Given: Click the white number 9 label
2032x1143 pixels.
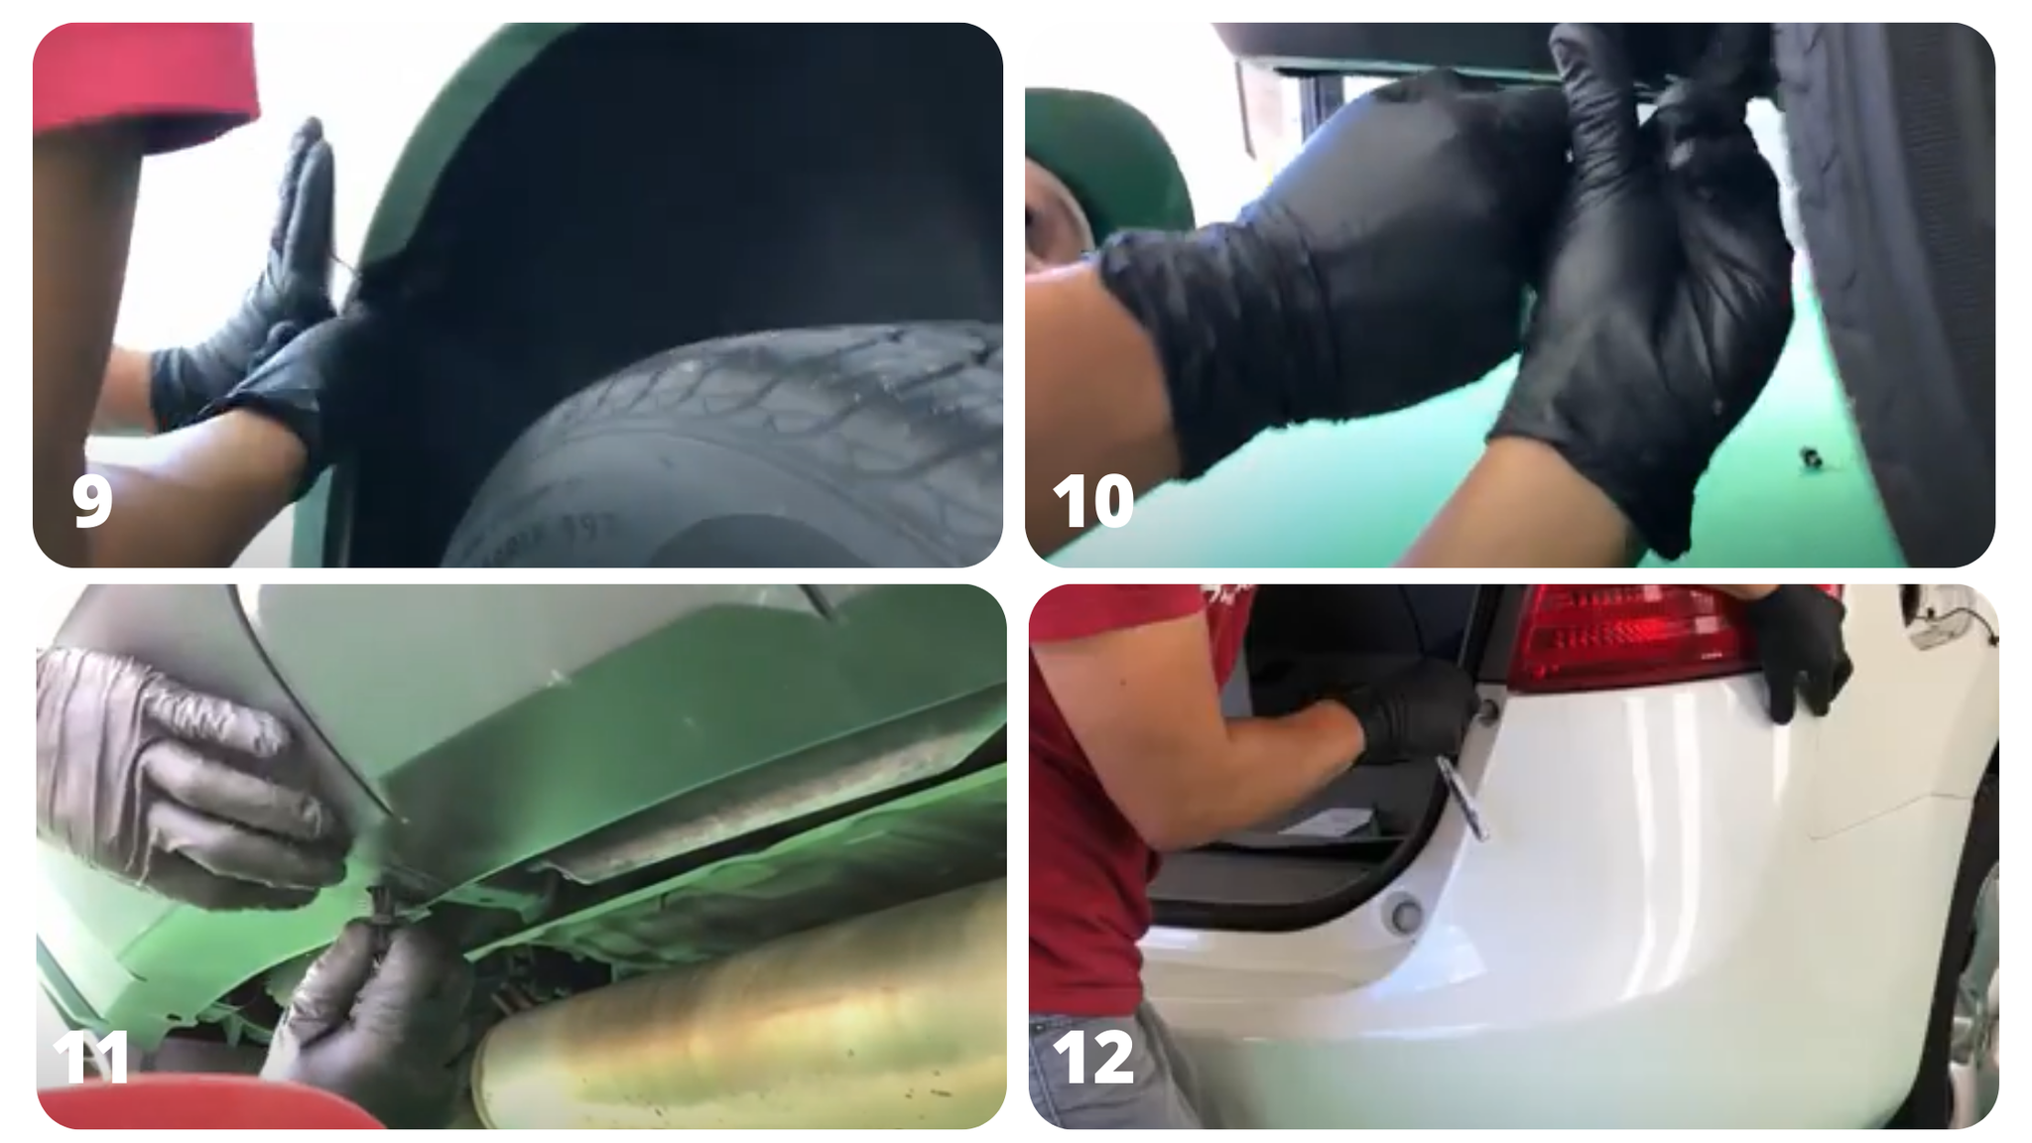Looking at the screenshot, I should (x=91, y=501).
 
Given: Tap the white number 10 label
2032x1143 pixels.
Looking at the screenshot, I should (x=1092, y=501).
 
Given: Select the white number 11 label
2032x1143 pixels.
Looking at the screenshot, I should (x=91, y=1058).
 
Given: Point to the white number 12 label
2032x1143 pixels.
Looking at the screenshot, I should (x=1092, y=1058).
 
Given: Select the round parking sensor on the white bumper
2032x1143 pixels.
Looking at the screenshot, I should (x=1405, y=914).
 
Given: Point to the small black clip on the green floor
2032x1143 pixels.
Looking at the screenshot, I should (x=1813, y=457).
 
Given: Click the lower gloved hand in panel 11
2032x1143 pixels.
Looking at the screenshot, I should (x=377, y=1012).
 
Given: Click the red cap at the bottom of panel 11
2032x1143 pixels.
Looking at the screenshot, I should (x=198, y=1106).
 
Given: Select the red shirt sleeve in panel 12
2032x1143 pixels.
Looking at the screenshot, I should (x=1141, y=635).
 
